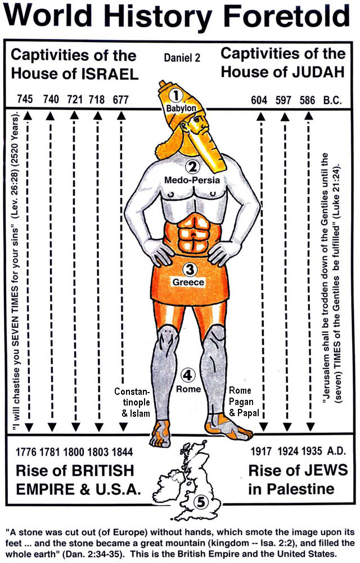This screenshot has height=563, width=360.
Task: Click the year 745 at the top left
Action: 25,99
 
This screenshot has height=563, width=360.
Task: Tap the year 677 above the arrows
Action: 120,99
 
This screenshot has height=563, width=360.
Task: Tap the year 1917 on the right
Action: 259,451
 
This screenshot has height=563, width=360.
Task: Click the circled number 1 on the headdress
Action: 179,96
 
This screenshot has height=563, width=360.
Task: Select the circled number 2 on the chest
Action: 192,166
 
